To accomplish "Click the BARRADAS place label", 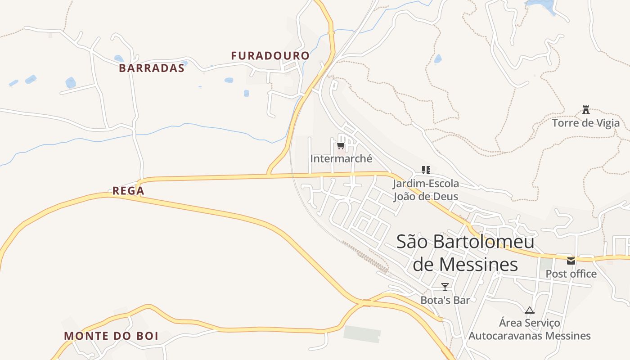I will [x=152, y=68].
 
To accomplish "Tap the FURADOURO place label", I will [x=270, y=56].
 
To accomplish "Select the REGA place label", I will [x=128, y=191].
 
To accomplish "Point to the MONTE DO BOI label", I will [x=111, y=336].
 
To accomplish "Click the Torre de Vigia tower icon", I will [x=586, y=109].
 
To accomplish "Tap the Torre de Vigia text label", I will [x=585, y=123].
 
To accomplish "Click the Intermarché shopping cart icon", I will [x=341, y=145].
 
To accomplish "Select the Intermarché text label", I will [x=341, y=158].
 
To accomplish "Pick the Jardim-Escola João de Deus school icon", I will [x=426, y=170].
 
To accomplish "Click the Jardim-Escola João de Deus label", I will [x=426, y=190].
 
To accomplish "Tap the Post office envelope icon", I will [x=571, y=261].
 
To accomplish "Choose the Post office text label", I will [x=571, y=274].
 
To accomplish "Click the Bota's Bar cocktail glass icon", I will [x=445, y=287].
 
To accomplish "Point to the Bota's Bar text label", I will [x=445, y=300].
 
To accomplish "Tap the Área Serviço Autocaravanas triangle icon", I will [x=530, y=310].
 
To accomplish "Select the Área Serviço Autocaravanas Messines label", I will [x=530, y=329].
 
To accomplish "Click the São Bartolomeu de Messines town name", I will [x=465, y=253].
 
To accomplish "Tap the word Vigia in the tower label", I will [x=606, y=123].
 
